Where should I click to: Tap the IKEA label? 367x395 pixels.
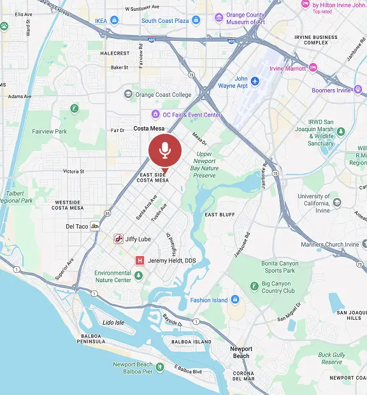pos(101,20)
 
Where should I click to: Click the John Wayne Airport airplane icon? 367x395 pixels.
pos(255,81)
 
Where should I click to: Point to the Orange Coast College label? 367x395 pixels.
pos(162,95)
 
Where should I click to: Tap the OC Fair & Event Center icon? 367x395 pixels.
pos(155,115)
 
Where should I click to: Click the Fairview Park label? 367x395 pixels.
pos(49,131)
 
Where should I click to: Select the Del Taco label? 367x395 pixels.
pos(77,226)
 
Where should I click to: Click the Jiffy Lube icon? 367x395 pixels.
pos(118,239)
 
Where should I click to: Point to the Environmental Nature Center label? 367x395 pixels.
pos(113,276)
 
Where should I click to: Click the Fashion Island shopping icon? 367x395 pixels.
pos(235,299)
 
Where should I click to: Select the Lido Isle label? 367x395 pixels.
pos(113,322)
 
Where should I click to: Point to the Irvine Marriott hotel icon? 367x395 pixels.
pos(313,68)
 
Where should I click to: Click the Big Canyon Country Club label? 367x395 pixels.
pos(278,287)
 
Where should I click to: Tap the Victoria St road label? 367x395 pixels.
pos(73,171)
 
